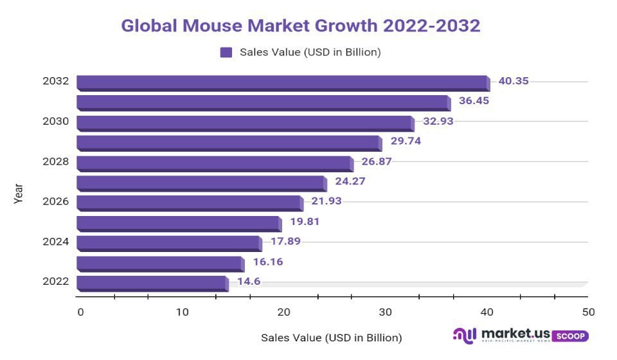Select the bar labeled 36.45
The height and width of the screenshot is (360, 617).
[x=264, y=102]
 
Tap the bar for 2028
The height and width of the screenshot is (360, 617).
[x=215, y=163]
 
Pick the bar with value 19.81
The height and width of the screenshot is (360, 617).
[x=179, y=223]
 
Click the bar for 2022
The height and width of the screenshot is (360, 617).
[x=152, y=283]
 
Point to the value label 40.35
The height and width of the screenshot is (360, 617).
[x=514, y=82]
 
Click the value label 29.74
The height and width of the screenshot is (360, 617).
[x=406, y=141]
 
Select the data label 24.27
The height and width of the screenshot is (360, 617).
[x=350, y=181]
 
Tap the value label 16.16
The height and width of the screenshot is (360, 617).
[x=267, y=262]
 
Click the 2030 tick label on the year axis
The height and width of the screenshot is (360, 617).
[x=56, y=122]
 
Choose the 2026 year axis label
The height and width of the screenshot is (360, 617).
[x=56, y=201]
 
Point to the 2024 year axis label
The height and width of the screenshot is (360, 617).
[x=56, y=242]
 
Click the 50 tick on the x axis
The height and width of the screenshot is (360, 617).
[x=587, y=312]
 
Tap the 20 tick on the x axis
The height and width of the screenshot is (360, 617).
[x=283, y=312]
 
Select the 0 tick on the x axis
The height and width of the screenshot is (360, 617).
[x=80, y=312]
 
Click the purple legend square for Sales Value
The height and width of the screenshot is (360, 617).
[x=226, y=53]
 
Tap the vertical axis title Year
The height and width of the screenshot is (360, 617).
[x=19, y=194]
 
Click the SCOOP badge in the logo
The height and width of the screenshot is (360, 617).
[x=570, y=336]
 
